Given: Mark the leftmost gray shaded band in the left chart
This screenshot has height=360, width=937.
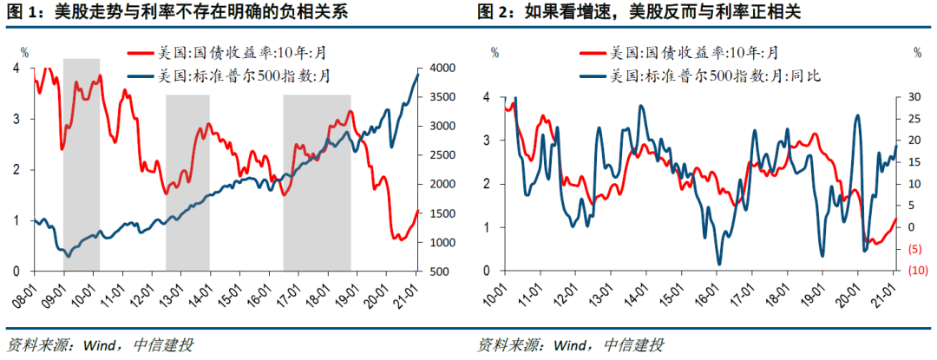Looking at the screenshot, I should point(82,165).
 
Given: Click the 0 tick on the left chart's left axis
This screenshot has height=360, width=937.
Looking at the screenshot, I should point(16,272).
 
